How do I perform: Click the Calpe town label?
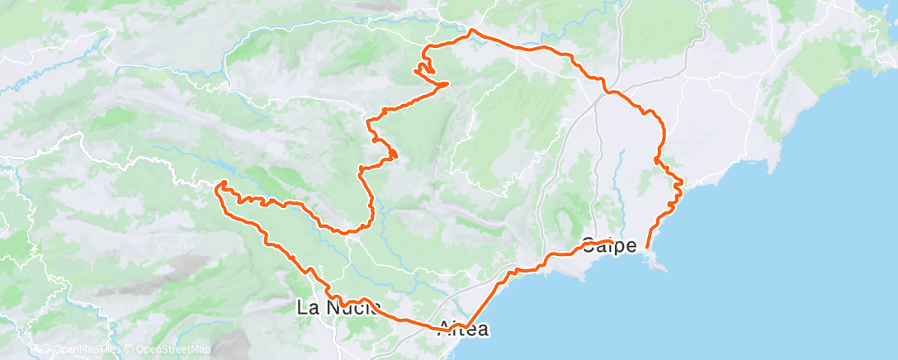pyautogui.click(x=609, y=245)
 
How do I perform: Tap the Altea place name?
pyautogui.click(x=463, y=329)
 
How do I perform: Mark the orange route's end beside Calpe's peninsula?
pyautogui.click(x=645, y=246)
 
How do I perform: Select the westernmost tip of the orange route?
pyautogui.click(x=216, y=188)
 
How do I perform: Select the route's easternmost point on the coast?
pyautogui.click(x=683, y=181)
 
